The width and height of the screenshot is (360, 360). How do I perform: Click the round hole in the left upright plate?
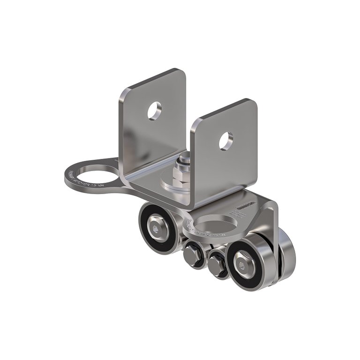(x=154, y=111)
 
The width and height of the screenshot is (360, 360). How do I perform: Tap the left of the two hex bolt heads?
(x=192, y=255)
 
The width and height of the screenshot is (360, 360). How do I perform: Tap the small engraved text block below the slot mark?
(x=241, y=215)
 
